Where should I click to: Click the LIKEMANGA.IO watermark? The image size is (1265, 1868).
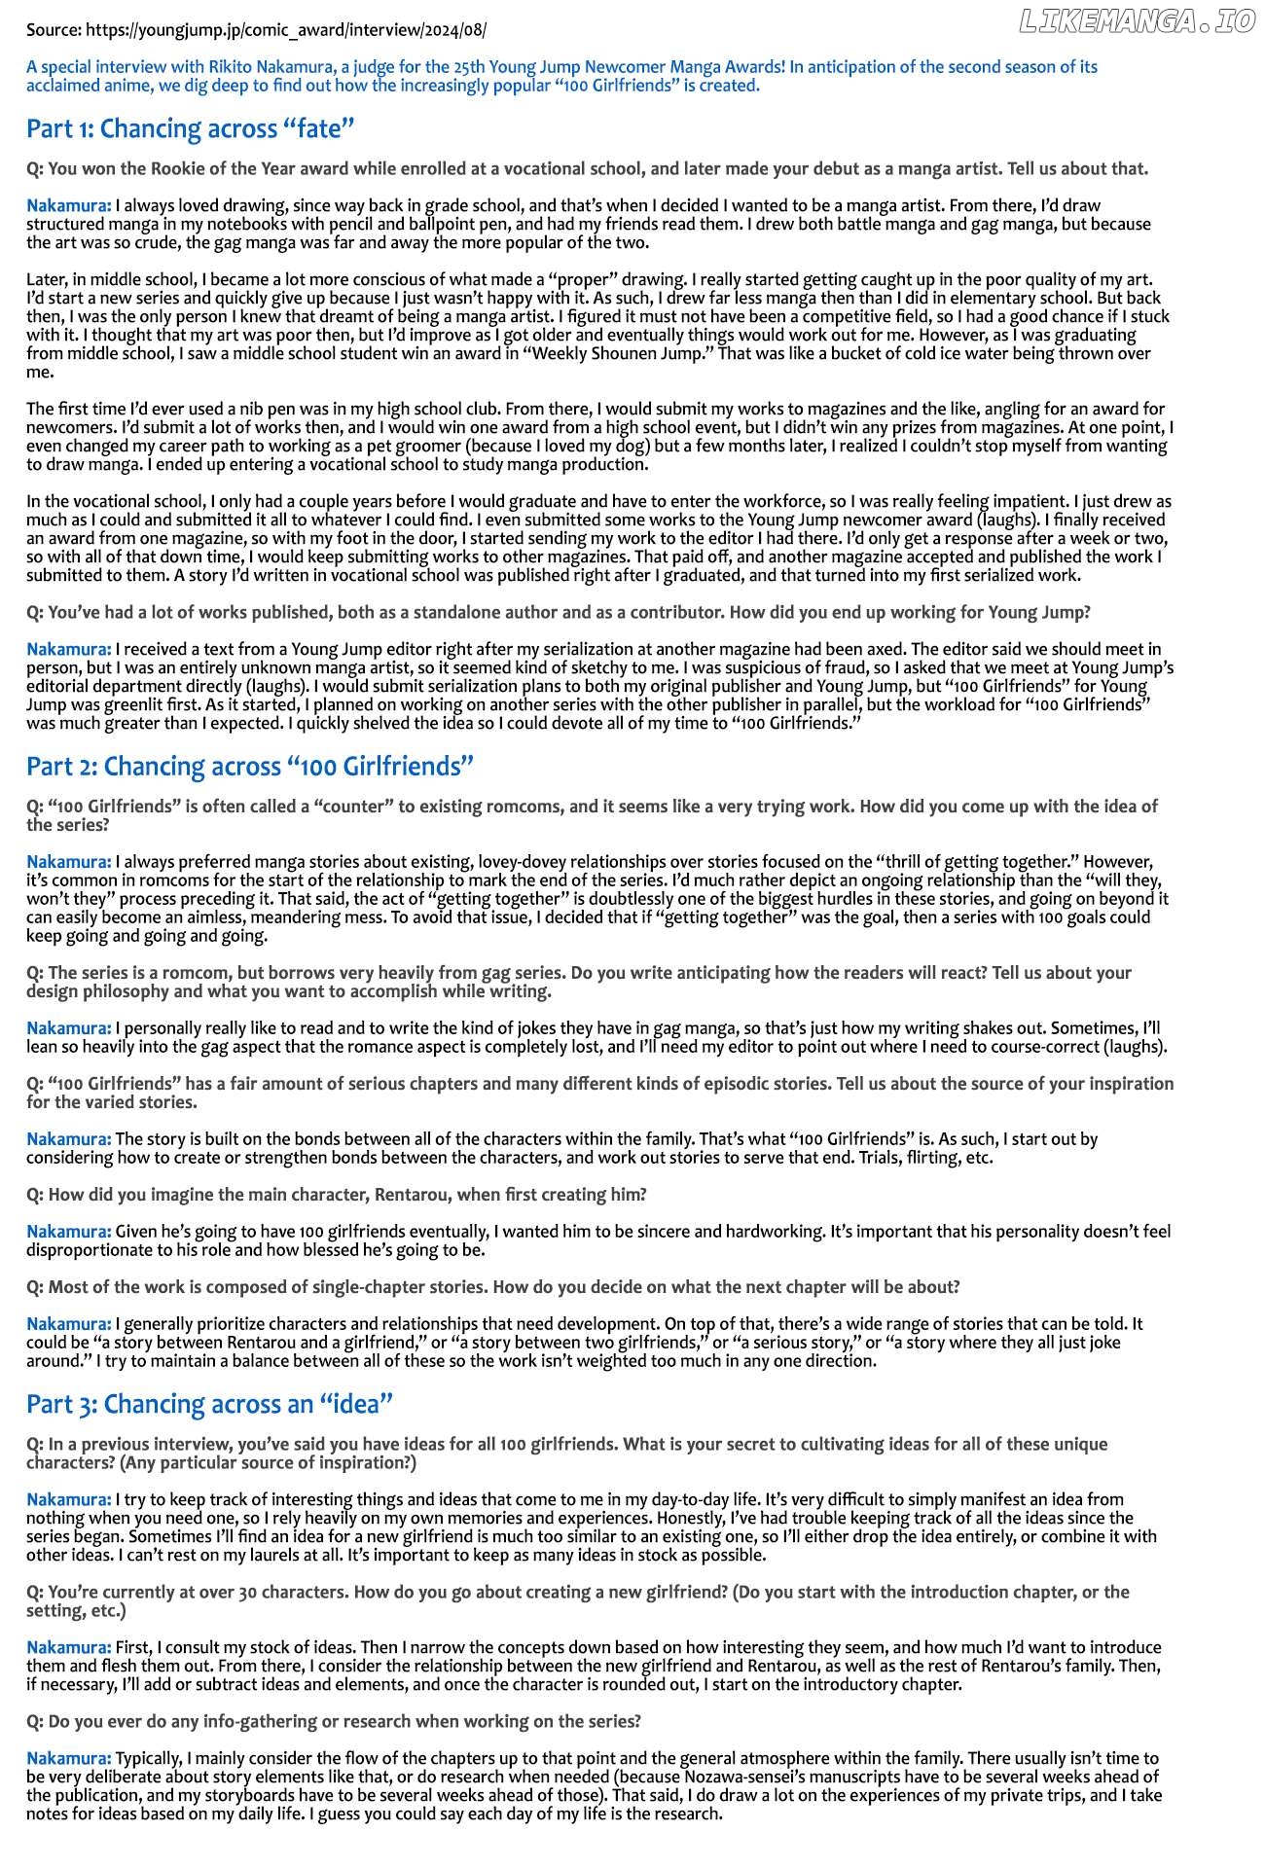pyautogui.click(x=1137, y=22)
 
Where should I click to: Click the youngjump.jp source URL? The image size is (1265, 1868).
pyautogui.click(x=286, y=30)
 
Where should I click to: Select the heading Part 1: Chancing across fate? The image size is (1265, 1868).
pyautogui.click(x=191, y=128)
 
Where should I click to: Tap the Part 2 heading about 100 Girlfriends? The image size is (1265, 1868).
pyautogui.click(x=250, y=767)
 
